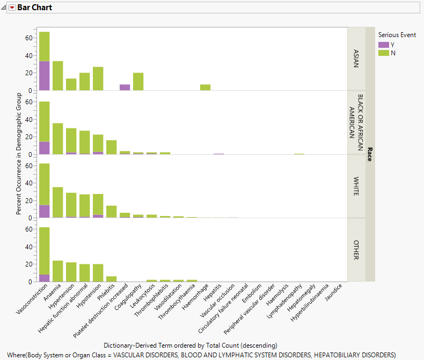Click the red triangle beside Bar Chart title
(x=12, y=8)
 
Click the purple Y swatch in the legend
(x=384, y=45)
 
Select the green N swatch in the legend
(x=384, y=53)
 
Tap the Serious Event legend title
(x=397, y=35)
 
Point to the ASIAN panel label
(x=356, y=59)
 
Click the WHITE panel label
(x=356, y=186)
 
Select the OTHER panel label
(x=356, y=250)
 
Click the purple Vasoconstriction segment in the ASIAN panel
(x=44, y=76)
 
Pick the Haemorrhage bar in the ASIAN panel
(x=205, y=88)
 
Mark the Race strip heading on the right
(x=370, y=154)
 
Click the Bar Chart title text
(x=34, y=8)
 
